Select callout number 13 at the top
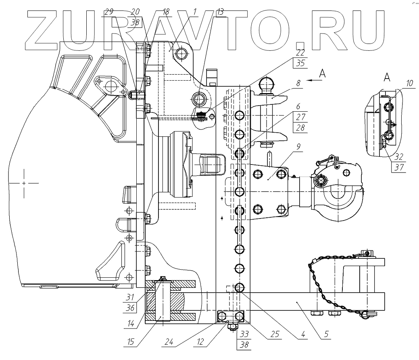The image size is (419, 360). [x=219, y=12]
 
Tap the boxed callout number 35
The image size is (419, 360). [x=301, y=62]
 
